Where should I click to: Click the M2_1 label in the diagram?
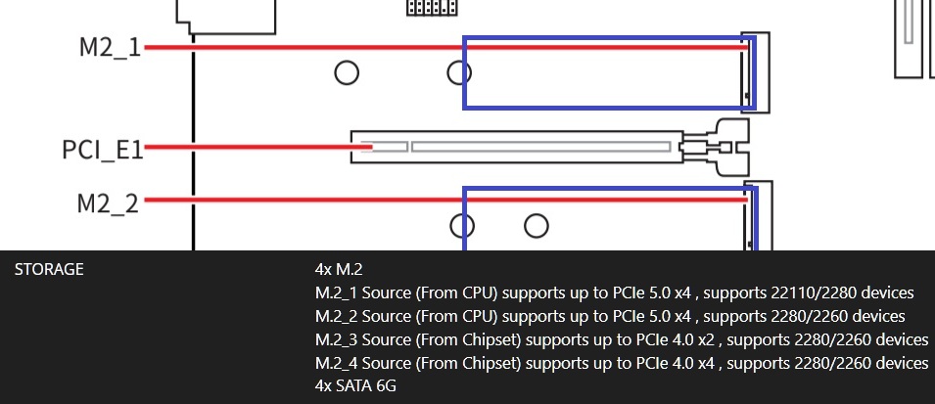[x=110, y=47]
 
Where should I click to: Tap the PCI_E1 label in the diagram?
[x=103, y=150]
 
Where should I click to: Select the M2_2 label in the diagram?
[x=108, y=203]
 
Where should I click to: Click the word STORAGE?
[x=49, y=269]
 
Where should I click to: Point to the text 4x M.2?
[x=339, y=269]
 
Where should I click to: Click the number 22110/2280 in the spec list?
[x=779, y=292]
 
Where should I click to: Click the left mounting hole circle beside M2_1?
[x=346, y=71]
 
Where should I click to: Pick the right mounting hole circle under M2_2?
[x=536, y=226]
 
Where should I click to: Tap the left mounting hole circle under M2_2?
[x=462, y=226]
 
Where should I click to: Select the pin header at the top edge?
[x=432, y=7]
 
